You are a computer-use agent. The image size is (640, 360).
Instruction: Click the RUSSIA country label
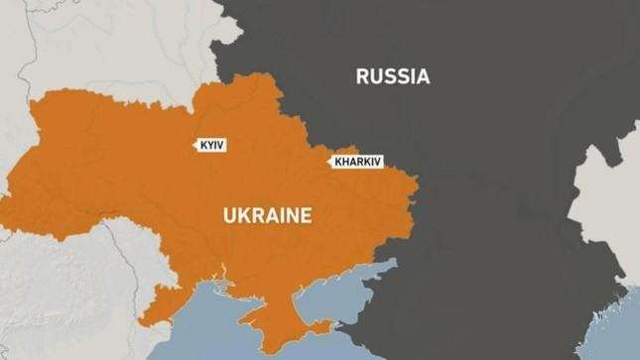pos(393,76)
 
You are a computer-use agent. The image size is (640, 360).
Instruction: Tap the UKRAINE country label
pos(266,215)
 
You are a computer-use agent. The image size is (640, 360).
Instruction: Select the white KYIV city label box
pos(213,145)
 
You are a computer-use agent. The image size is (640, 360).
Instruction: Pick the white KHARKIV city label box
pos(357,160)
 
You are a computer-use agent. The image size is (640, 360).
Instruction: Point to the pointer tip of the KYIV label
pos(193,146)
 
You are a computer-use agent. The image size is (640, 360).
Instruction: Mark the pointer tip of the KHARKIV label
pos(328,160)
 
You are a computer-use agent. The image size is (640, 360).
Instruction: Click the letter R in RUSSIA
pos(363,76)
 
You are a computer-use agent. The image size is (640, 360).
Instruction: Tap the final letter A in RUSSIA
pos(423,76)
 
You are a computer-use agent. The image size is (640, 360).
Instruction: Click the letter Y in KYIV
pos(210,145)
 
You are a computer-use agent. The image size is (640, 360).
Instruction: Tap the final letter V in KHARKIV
pos(378,160)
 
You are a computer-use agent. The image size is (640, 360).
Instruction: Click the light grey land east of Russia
pos(610,198)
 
